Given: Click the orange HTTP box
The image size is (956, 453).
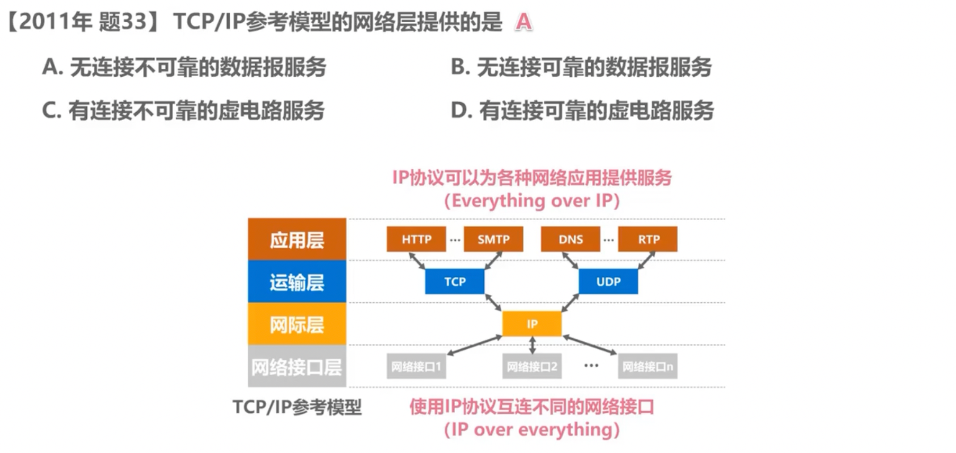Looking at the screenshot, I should point(416,239).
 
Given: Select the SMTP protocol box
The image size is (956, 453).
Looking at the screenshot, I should point(493,239).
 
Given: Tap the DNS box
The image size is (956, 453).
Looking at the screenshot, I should point(570,239).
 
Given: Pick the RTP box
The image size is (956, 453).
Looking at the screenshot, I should point(648,239).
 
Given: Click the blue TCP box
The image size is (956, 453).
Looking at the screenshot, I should point(455,282).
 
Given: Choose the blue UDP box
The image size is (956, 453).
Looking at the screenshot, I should point(608,282).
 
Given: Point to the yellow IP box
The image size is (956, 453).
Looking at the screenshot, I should point(531,324).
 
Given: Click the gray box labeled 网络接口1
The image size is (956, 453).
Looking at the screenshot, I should point(416,366).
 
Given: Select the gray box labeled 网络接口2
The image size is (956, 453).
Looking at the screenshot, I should point(531,366).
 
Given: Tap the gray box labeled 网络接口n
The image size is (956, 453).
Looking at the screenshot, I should point(647,366).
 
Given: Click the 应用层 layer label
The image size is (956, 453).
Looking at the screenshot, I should point(297,240).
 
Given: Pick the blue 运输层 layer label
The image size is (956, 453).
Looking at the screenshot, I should point(297,282).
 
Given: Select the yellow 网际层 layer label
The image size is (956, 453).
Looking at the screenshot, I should point(297,324).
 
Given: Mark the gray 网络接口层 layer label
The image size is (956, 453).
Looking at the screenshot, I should point(297,367).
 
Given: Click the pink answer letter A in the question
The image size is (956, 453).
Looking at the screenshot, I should point(523,22).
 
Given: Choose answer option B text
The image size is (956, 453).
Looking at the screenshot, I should point(581,67).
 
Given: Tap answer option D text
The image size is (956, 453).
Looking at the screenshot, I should point(582,111).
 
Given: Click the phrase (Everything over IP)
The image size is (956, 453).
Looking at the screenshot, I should point(531,201).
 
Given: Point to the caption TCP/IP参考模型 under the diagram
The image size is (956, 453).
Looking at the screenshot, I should point(297,407).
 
